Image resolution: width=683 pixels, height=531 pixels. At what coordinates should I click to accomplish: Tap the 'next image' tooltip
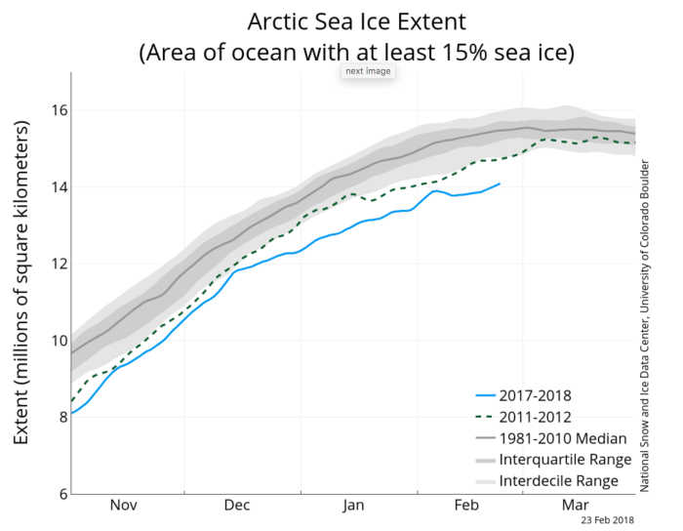368,71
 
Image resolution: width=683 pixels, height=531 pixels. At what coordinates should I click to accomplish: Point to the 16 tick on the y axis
59,110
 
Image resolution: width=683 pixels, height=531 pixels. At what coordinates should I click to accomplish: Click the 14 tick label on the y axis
59,186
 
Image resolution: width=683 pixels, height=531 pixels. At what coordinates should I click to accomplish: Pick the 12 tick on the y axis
59,264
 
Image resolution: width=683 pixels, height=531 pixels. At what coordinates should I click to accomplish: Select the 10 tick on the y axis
59,340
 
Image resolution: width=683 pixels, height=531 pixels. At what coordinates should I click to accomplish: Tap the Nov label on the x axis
124,506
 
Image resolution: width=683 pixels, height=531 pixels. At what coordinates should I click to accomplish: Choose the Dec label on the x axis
237,506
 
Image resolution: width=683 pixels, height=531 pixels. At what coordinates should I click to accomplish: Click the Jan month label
353,506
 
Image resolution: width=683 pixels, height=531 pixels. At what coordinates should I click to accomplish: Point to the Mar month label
573,506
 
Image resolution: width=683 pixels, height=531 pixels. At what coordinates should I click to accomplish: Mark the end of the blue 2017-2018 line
500,184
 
